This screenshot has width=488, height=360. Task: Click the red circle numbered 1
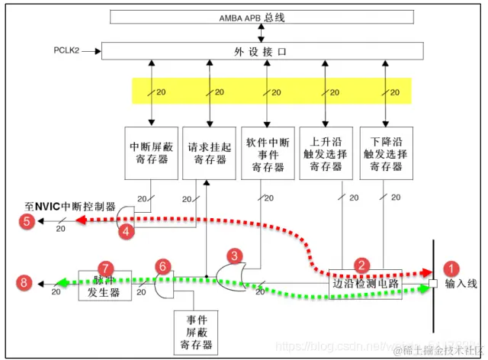[453, 268]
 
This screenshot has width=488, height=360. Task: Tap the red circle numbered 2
[364, 265]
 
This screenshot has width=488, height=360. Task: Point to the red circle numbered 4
[130, 228]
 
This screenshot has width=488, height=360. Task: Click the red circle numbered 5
[27, 223]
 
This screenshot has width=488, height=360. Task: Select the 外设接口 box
[262, 51]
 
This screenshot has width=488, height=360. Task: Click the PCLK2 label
[68, 51]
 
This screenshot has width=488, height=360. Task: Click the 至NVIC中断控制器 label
[68, 207]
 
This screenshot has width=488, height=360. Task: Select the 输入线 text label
[461, 284]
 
